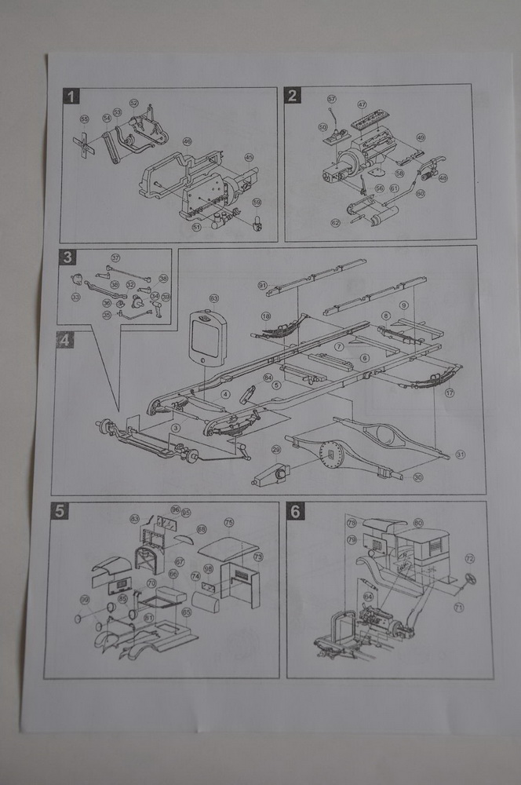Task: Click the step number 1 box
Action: coord(72,97)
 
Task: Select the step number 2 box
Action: coord(293,97)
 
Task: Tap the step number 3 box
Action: coord(68,257)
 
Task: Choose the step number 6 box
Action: coord(295,512)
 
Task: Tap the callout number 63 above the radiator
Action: coord(213,298)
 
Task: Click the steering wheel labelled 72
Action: coord(469,580)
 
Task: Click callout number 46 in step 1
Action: coord(188,141)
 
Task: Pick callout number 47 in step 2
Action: coord(362,104)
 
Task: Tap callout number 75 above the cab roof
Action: coord(229,522)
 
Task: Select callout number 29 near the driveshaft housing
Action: coord(276,449)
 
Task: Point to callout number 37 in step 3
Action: coord(115,257)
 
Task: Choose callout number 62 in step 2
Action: coord(335,223)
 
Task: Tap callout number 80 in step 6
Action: coord(418,522)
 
